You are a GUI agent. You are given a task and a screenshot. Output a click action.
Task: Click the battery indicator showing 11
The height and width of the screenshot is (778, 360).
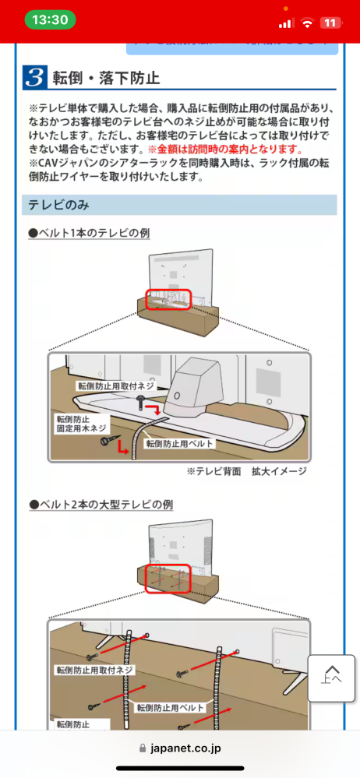330,23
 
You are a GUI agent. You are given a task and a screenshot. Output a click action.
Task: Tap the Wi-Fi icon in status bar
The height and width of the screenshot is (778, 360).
308,23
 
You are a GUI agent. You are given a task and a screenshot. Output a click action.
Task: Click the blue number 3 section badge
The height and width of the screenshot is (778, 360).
34,78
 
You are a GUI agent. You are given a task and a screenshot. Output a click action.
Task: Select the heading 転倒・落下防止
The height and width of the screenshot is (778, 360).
106,79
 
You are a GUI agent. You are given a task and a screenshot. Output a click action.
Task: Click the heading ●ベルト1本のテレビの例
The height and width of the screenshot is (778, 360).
89,233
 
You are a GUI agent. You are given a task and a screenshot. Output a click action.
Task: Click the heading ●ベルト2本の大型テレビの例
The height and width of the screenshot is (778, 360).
101,505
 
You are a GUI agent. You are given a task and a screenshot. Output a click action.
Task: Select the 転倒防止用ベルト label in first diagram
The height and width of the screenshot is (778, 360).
180,444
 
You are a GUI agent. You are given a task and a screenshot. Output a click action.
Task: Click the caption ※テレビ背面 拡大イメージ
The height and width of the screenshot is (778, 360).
246,471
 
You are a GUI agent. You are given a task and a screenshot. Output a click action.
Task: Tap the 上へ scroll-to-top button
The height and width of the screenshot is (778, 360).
331,675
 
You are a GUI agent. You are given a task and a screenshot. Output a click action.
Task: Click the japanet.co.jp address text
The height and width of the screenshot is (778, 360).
185,748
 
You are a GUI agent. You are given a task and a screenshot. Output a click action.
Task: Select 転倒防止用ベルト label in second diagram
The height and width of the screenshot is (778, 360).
170,708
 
